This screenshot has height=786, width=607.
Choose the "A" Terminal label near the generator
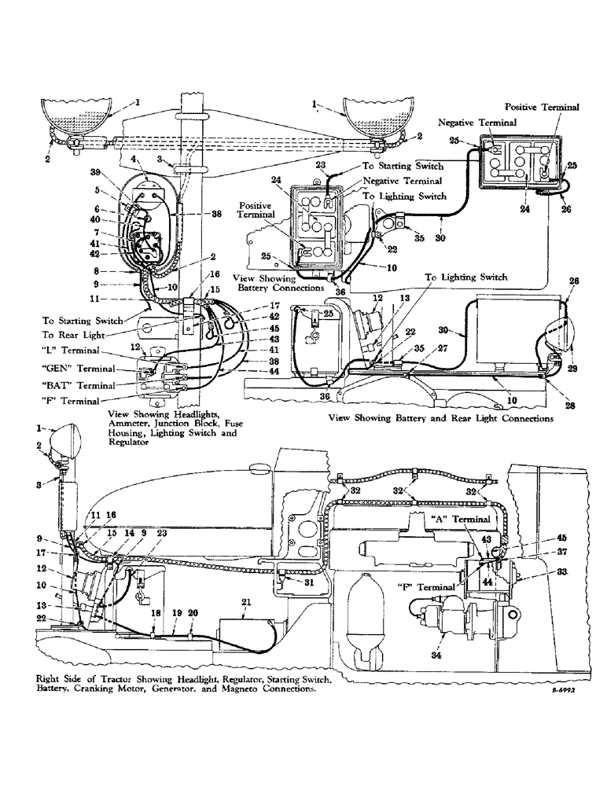465,520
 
